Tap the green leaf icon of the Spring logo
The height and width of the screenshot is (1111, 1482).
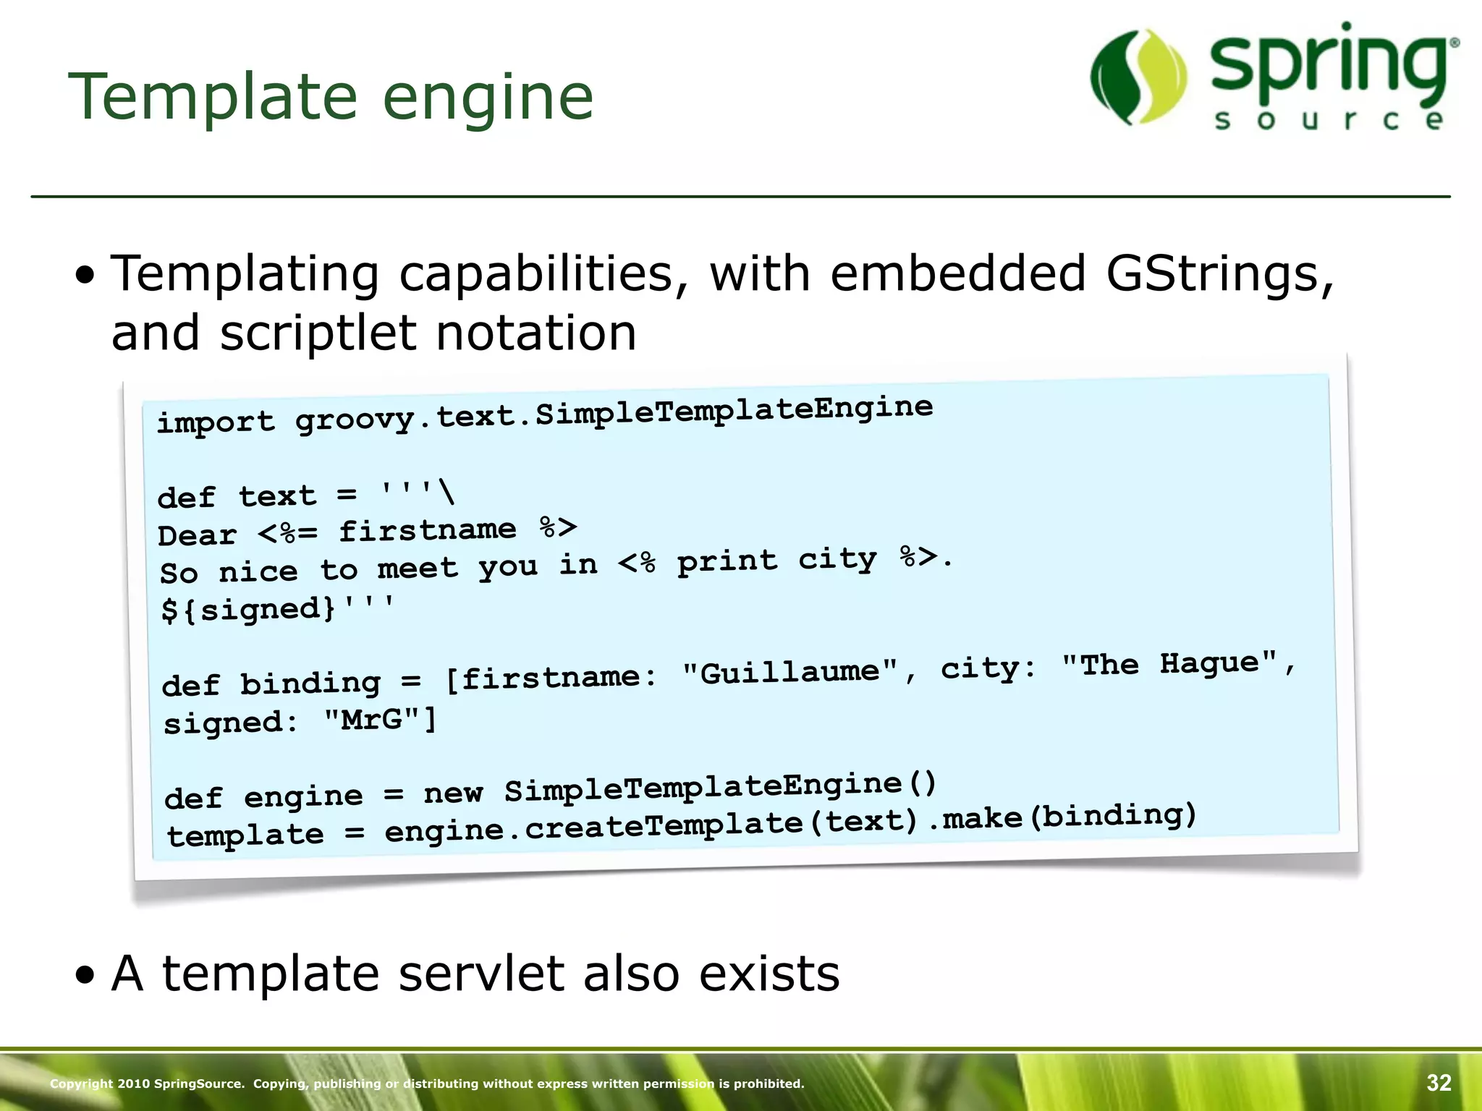coord(1138,77)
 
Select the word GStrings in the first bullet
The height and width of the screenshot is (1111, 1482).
coord(1219,274)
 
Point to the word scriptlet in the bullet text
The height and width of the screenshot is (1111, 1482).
coord(318,333)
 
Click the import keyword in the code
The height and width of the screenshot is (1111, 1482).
coord(216,422)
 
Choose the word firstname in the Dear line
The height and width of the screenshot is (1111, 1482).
coord(428,531)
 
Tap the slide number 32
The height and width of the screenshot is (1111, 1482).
coord(1439,1083)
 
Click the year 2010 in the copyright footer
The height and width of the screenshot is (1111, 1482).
coord(133,1084)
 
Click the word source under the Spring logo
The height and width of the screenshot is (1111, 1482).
coord(1329,120)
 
